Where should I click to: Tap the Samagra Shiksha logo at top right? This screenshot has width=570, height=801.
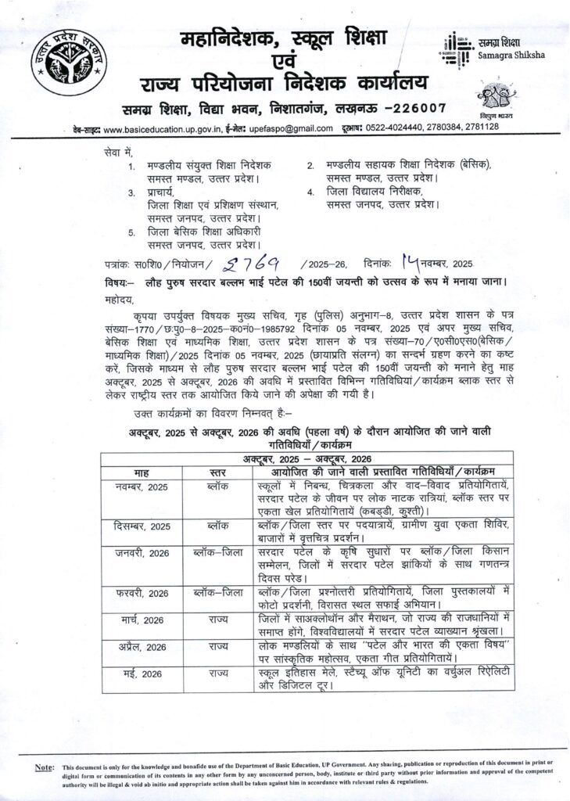pos(478,48)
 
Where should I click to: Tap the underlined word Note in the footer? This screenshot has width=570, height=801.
pos(45,769)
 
